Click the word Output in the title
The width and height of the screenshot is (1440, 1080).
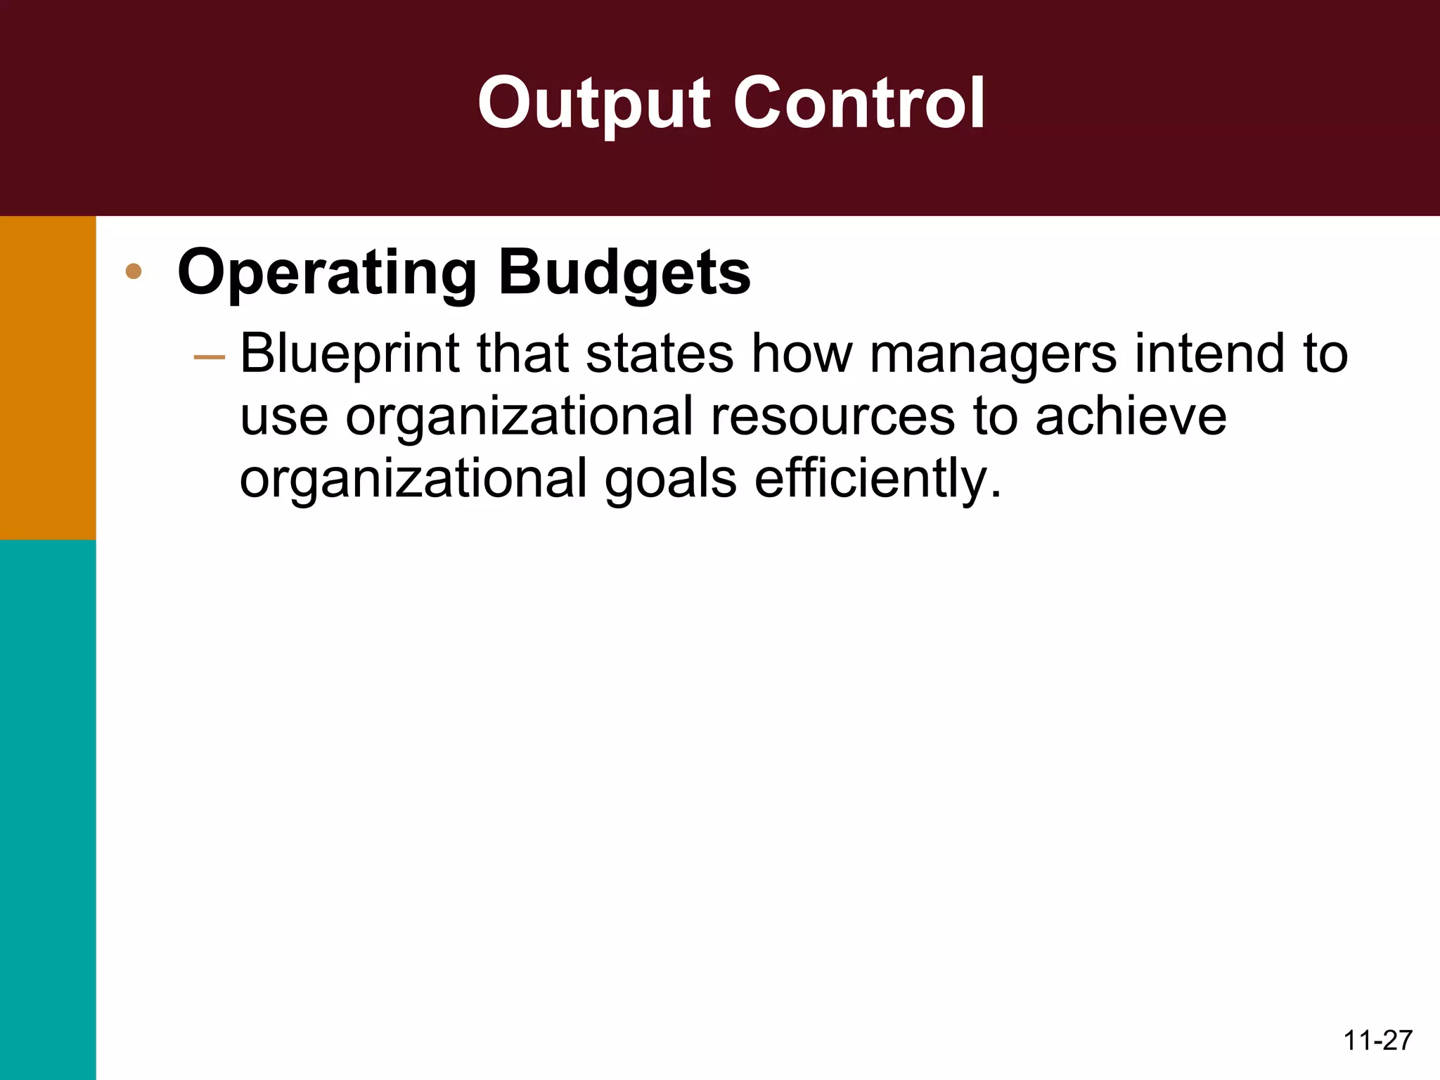pyautogui.click(x=596, y=104)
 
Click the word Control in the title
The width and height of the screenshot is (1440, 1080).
pyautogui.click(x=859, y=104)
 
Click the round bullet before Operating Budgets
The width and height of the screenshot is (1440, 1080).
pyautogui.click(x=134, y=271)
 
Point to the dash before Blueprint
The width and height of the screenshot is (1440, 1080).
pyautogui.click(x=209, y=358)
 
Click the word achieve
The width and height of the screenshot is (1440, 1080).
pyautogui.click(x=1131, y=416)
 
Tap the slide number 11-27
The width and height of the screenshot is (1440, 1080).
pyautogui.click(x=1377, y=1041)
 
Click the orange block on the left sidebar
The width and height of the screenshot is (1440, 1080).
pyautogui.click(x=48, y=378)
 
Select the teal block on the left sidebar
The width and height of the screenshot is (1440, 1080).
pyautogui.click(x=48, y=809)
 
